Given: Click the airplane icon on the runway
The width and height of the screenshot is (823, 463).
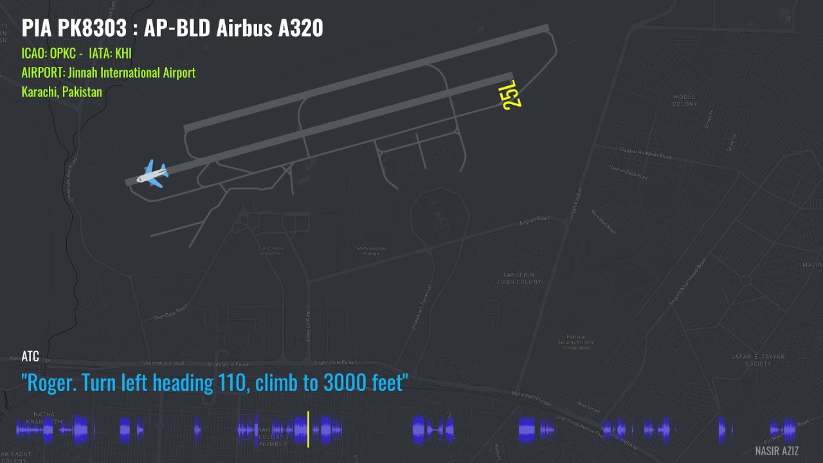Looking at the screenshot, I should pyautogui.click(x=153, y=174).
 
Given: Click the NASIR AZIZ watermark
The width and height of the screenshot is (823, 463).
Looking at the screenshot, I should pyautogui.click(x=777, y=451).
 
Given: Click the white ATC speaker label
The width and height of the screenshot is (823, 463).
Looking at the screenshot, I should pyautogui.click(x=30, y=356).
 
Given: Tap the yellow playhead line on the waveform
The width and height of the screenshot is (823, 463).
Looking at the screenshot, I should pyautogui.click(x=308, y=429).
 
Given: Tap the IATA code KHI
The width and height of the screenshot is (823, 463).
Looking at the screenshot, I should pyautogui.click(x=123, y=53).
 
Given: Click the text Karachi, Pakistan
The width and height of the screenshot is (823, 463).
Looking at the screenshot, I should pyautogui.click(x=62, y=92).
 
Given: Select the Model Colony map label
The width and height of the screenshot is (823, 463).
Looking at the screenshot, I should pyautogui.click(x=685, y=100).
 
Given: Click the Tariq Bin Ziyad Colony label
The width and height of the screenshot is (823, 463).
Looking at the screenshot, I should pyautogui.click(x=519, y=278).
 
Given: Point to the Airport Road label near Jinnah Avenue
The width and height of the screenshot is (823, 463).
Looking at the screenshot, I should pyautogui.click(x=534, y=220).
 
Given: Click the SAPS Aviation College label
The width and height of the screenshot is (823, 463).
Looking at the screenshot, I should pyautogui.click(x=371, y=251).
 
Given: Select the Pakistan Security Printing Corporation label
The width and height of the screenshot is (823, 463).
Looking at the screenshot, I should pyautogui.click(x=575, y=342).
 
